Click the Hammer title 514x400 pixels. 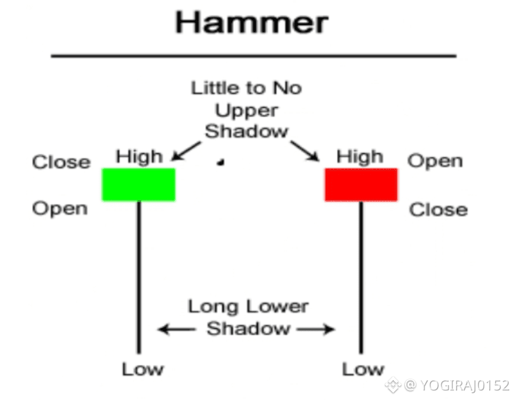[x=251, y=23]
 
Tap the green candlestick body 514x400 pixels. [x=139, y=184]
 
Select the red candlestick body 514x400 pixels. [x=361, y=184]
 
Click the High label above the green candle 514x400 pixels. [x=139, y=157]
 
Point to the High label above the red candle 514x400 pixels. [x=360, y=157]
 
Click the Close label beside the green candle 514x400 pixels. [x=61, y=162]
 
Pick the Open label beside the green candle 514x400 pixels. [x=60, y=209]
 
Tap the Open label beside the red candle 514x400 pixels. [x=435, y=161]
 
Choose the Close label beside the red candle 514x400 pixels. [x=438, y=210]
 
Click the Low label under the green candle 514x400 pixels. [x=143, y=369]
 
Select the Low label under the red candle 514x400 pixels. [x=362, y=369]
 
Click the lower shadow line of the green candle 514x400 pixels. [x=139, y=279]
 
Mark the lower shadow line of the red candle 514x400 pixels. [x=361, y=279]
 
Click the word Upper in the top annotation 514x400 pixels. [x=246, y=110]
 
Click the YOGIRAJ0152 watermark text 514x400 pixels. [x=464, y=386]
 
